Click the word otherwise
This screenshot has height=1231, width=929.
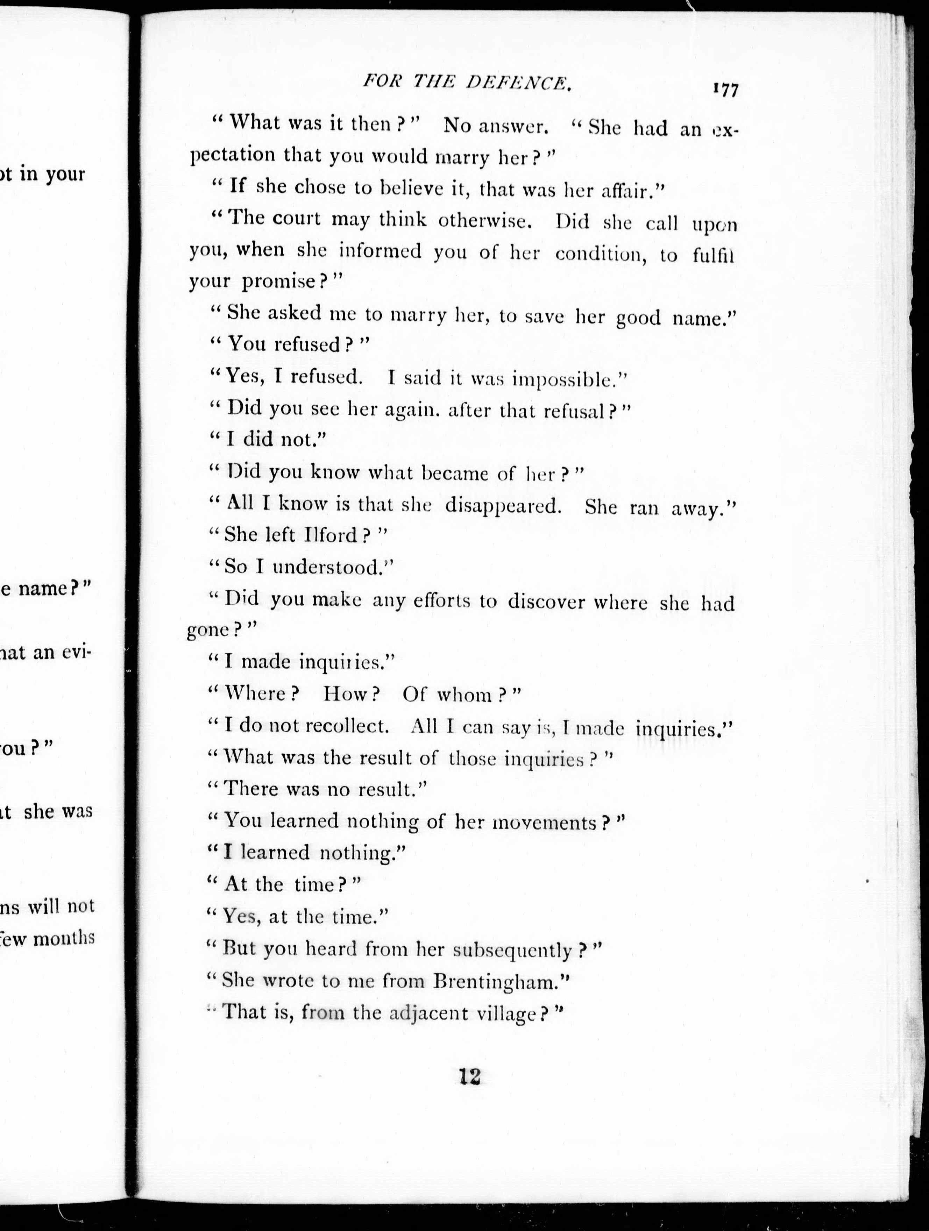pos(485,221)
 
